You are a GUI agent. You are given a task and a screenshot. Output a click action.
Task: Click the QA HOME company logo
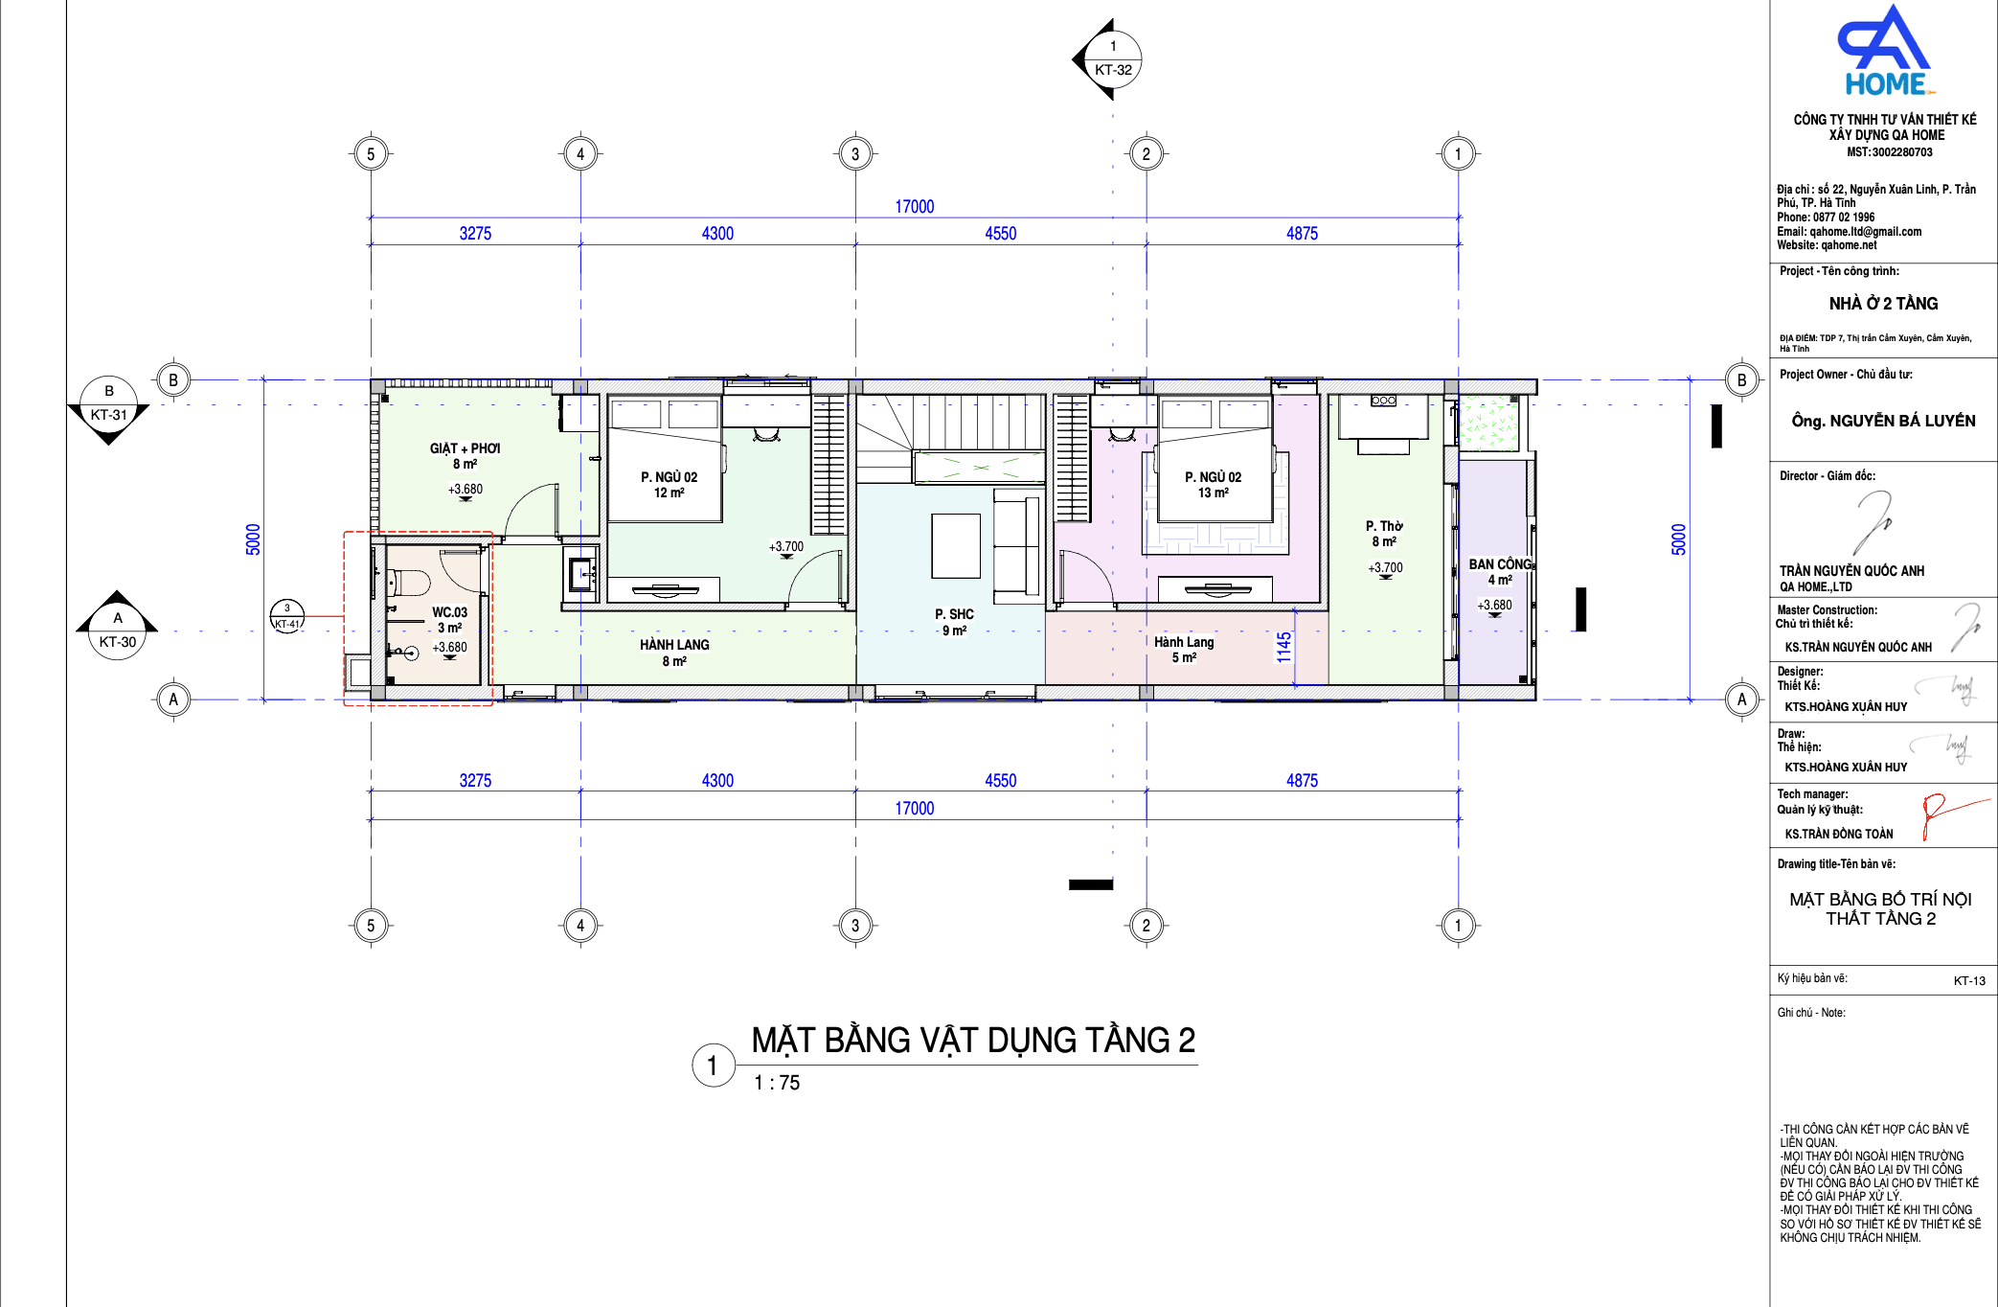(1885, 51)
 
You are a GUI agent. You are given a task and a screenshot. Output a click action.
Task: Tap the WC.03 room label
(449, 612)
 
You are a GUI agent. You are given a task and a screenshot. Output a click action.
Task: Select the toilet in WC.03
(409, 582)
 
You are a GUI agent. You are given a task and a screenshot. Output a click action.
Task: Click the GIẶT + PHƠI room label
(465, 448)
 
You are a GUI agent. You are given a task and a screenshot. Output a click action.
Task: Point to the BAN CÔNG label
(1500, 564)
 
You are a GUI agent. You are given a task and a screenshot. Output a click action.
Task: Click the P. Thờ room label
(1384, 526)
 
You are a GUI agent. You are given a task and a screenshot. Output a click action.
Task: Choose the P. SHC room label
(954, 614)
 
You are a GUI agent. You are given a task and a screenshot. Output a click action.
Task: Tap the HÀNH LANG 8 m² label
(674, 653)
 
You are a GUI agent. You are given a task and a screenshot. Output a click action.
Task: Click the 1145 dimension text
(1283, 647)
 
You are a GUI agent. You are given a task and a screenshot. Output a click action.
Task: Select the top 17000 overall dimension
(915, 206)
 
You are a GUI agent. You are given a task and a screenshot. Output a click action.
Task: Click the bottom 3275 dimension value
(475, 780)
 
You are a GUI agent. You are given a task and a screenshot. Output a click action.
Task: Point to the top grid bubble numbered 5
(371, 154)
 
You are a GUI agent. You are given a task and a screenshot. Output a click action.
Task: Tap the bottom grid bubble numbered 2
(1147, 926)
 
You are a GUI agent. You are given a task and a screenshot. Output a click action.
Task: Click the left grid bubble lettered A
(173, 699)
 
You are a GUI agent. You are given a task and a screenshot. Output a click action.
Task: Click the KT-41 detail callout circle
(287, 615)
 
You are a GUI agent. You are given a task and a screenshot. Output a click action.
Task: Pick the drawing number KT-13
(1969, 981)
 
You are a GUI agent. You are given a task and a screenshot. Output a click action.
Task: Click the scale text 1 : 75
(777, 1083)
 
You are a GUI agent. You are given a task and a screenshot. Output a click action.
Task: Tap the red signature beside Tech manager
(1954, 814)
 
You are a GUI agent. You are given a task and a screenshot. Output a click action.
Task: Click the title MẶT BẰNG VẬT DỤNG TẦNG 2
(973, 1041)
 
